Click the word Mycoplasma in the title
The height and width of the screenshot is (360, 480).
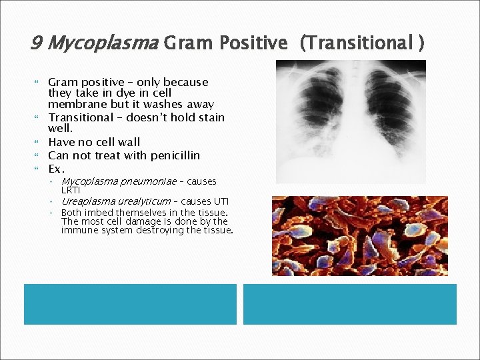[x=102, y=43]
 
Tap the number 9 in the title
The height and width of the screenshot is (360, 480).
[x=37, y=43]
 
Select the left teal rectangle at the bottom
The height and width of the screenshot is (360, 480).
[x=130, y=304]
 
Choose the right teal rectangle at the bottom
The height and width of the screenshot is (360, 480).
[x=349, y=304]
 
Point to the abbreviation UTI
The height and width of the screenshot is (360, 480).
[x=221, y=201]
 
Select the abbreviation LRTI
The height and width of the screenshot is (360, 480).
[x=70, y=190]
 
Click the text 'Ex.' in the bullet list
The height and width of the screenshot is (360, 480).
[x=56, y=169]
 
